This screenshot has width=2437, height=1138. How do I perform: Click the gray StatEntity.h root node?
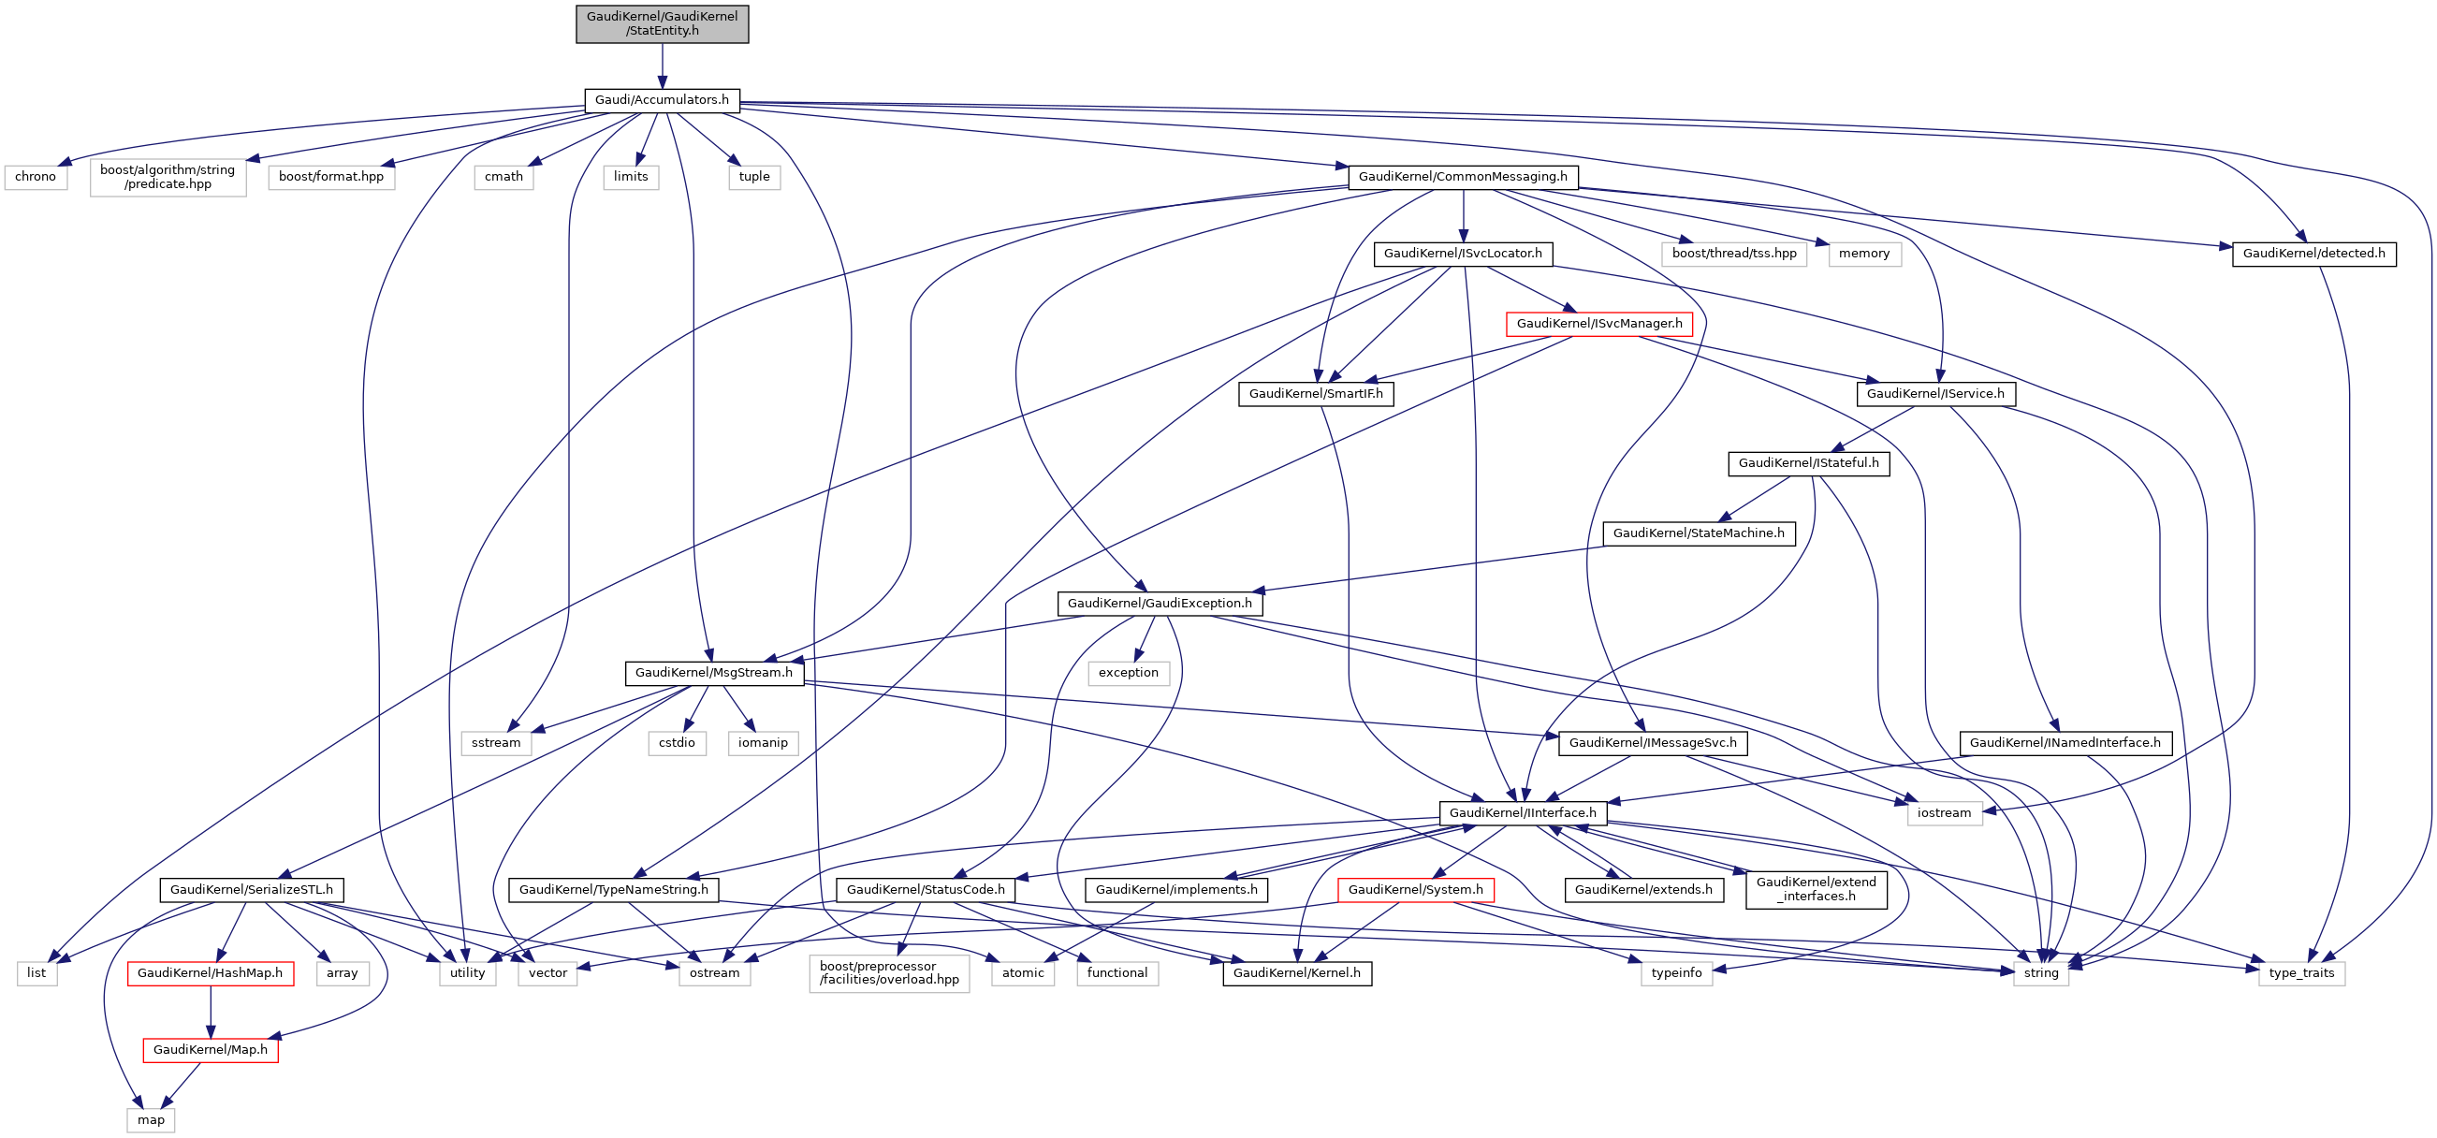[662, 23]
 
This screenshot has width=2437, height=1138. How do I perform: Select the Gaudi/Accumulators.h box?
[662, 100]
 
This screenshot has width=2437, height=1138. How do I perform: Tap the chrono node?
[36, 177]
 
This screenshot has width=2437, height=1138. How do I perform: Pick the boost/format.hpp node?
[331, 177]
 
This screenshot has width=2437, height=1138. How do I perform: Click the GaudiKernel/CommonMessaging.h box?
[1463, 177]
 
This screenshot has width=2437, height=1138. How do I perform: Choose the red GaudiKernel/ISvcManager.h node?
[1598, 324]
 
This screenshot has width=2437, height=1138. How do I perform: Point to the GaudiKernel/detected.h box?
[2313, 254]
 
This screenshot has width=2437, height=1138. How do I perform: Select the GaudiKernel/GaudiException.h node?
[1159, 604]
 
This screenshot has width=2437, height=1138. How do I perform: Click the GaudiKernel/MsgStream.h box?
[713, 673]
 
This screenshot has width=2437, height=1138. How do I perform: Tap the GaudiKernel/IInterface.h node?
[1522, 812]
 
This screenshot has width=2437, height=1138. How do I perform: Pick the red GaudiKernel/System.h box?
[1415, 890]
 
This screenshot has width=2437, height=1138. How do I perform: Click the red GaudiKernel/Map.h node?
[210, 1050]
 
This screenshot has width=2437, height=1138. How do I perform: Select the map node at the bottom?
[151, 1120]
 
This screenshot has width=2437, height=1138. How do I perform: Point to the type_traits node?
[2300, 973]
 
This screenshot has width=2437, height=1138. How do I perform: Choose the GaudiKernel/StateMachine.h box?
[1699, 533]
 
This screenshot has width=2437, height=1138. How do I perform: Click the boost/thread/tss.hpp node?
[1733, 254]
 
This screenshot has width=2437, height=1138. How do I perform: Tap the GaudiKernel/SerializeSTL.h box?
[251, 890]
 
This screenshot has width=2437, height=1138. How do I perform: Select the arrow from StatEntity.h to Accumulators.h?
[663, 66]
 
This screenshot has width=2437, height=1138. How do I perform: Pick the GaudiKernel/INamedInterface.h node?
[2065, 743]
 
